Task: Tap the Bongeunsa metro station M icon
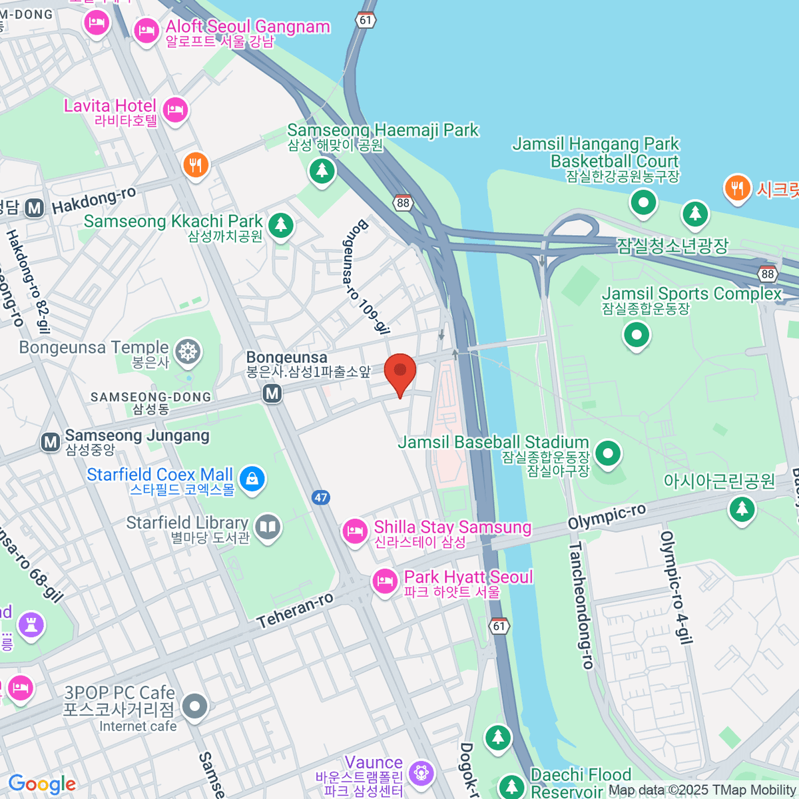(x=272, y=394)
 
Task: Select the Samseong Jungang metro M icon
(x=51, y=441)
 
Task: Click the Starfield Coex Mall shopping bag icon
(x=252, y=479)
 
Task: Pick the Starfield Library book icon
(x=268, y=527)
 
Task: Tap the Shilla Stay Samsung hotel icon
(x=355, y=531)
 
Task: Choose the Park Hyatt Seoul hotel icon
(x=385, y=581)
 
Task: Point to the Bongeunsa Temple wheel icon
(x=188, y=352)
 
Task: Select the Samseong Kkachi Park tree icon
(x=280, y=224)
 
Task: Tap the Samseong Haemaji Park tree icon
(x=322, y=171)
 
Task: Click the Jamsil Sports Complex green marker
(x=637, y=334)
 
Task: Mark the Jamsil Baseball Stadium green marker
(x=607, y=454)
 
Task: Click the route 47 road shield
(x=321, y=497)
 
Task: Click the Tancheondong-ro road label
(x=581, y=605)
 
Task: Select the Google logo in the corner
(x=42, y=784)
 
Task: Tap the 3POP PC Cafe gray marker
(x=195, y=707)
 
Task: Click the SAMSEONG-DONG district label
(x=151, y=398)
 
